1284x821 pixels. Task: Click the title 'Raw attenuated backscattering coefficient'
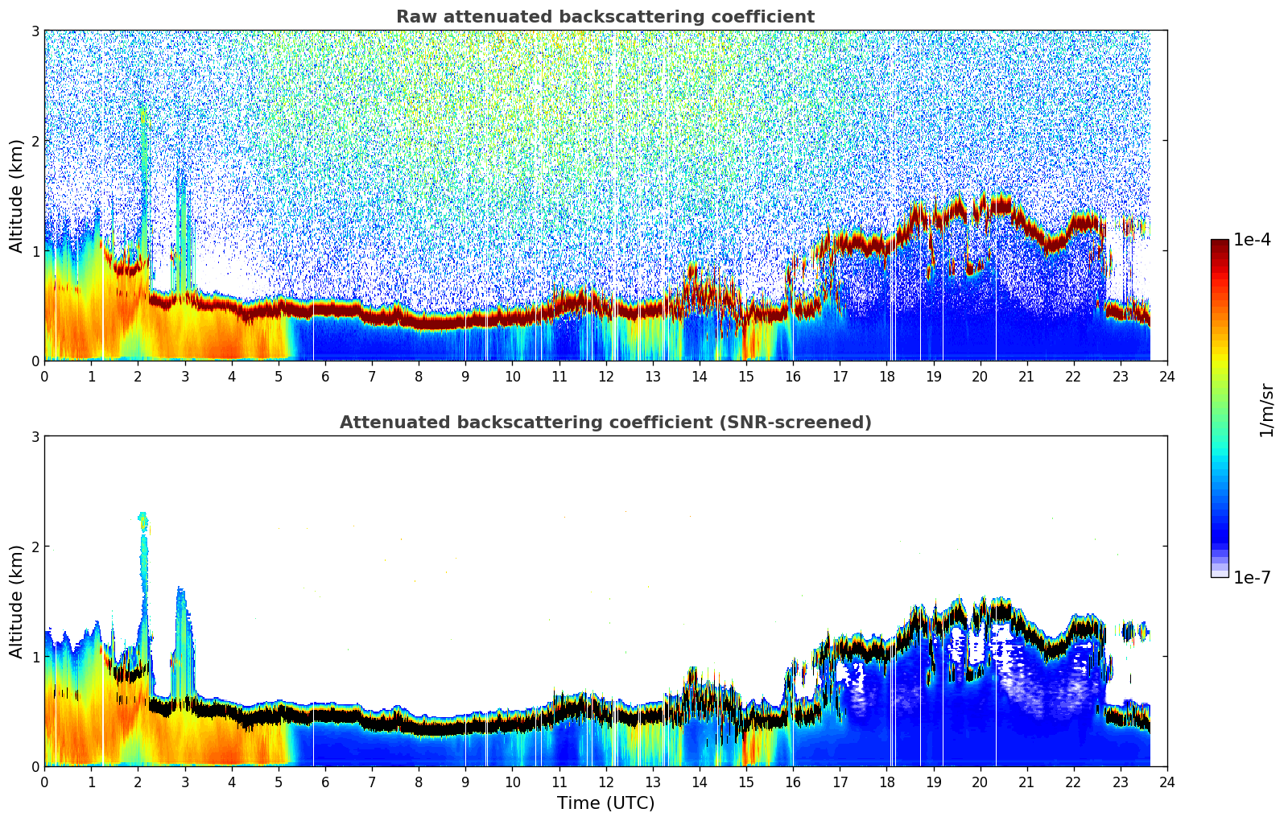click(605, 17)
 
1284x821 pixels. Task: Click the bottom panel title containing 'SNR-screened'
click(605, 423)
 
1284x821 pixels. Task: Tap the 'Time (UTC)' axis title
click(605, 803)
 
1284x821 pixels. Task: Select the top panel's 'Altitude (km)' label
click(16, 196)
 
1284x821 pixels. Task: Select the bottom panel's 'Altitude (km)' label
click(16, 601)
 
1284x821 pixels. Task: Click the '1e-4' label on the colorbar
click(1252, 240)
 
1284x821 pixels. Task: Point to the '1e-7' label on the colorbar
click(1252, 577)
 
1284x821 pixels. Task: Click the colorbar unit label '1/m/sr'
click(1266, 409)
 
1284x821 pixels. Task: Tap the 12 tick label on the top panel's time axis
click(605, 376)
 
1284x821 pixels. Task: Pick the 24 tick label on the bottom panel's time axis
click(1166, 782)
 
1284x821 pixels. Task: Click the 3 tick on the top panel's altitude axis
click(35, 31)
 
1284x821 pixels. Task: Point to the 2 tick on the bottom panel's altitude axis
click(35, 547)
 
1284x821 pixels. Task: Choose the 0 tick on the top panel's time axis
click(44, 376)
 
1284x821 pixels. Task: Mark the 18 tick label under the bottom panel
click(886, 782)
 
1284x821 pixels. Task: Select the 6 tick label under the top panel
click(325, 376)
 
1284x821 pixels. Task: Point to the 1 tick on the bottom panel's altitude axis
click(35, 657)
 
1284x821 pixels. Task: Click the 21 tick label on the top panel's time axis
click(1026, 376)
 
